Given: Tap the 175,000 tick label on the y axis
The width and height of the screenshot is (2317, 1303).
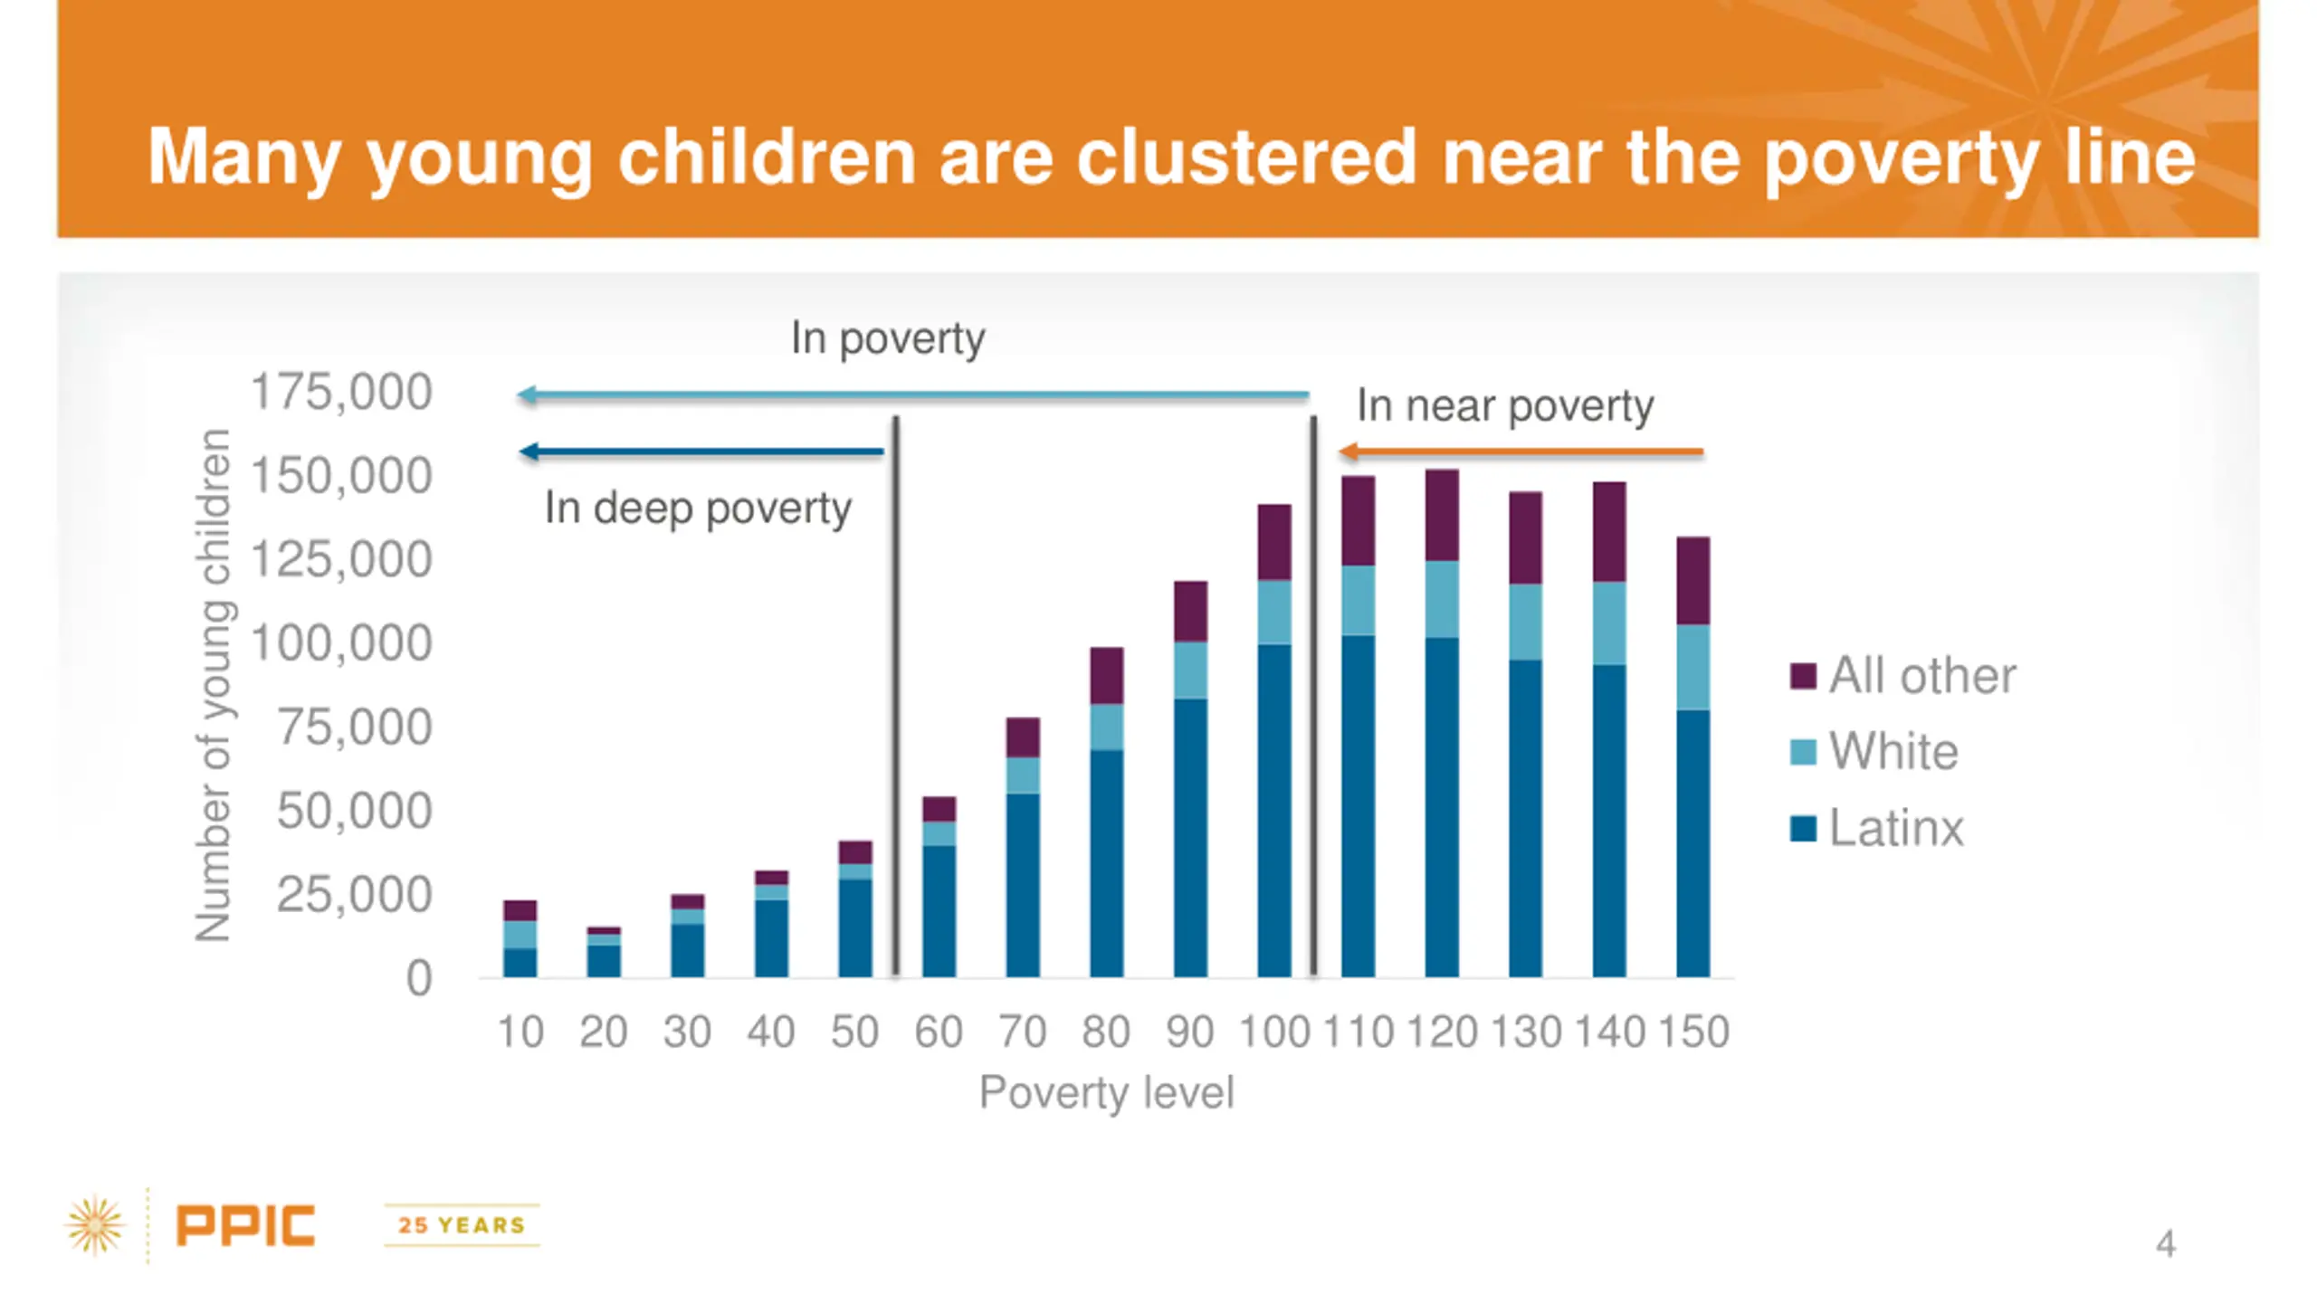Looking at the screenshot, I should [x=341, y=393].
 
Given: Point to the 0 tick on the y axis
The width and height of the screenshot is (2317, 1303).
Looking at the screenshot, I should [x=418, y=979].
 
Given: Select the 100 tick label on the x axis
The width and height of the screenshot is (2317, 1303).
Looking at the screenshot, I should [x=1273, y=1032].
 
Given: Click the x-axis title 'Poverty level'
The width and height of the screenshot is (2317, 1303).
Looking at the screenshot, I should [x=1106, y=1092].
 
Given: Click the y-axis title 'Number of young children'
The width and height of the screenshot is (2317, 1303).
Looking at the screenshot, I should [x=214, y=685].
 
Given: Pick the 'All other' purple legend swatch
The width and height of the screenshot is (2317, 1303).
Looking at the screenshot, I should [x=1802, y=676].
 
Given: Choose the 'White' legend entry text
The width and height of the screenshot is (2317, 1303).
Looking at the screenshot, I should [x=1893, y=752].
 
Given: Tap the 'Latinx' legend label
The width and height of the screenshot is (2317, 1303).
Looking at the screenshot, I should [x=1896, y=828].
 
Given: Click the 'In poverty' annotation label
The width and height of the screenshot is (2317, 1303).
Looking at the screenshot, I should [x=887, y=338].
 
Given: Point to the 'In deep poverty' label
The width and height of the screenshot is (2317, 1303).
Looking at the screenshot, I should [x=698, y=509].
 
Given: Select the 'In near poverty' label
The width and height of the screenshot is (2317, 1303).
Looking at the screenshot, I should [x=1504, y=405].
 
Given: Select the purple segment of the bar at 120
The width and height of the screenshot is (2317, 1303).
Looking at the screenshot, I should [x=1442, y=516].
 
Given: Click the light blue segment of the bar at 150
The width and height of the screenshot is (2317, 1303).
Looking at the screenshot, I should [x=1692, y=668].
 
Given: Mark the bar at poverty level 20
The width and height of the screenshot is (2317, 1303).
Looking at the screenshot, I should [x=604, y=955].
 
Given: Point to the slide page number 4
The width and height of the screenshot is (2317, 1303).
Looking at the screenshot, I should [x=2165, y=1244].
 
